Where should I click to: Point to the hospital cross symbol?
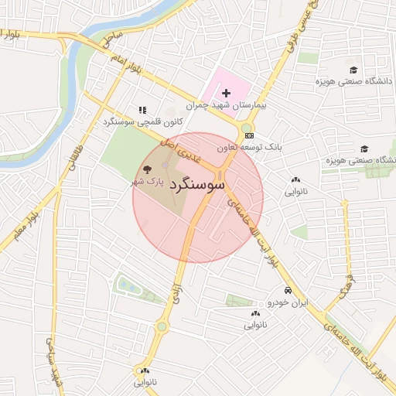click(x=226, y=93)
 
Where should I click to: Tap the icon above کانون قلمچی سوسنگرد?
click(x=142, y=111)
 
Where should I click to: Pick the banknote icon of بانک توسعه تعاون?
click(x=249, y=135)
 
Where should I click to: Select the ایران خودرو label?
click(x=287, y=302)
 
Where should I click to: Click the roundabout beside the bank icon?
click(x=246, y=128)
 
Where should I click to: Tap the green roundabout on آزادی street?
click(x=162, y=327)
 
